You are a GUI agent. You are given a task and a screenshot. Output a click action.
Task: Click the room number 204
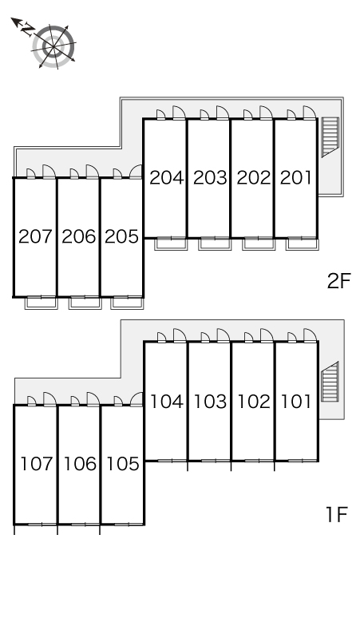click(167, 178)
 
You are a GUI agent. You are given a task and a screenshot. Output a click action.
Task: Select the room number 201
click(296, 178)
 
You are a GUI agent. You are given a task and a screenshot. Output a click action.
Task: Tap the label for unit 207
click(35, 236)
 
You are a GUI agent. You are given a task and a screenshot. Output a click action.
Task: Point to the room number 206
click(79, 236)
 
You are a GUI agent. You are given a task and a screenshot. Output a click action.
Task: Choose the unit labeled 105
click(123, 464)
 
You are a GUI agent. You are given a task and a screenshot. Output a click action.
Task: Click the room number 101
click(296, 402)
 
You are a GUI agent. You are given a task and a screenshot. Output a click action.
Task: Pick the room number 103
click(210, 402)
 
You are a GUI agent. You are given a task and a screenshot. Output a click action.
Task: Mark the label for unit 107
click(37, 464)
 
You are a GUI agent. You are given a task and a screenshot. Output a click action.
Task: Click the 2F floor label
click(338, 281)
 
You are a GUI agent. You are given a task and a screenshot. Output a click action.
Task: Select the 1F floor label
click(336, 514)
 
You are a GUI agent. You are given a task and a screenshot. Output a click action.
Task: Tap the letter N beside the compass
click(27, 30)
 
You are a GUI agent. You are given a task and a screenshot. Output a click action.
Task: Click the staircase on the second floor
click(330, 137)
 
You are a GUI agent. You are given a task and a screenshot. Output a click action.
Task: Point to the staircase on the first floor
click(330, 382)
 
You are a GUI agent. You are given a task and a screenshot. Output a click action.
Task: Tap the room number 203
click(210, 178)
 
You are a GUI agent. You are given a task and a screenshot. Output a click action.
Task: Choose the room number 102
click(254, 402)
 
